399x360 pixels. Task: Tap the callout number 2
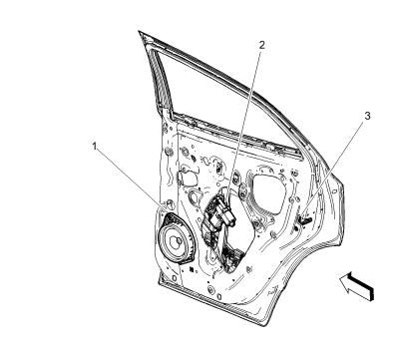262,46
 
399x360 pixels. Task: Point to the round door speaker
179,241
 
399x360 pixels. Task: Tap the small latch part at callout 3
306,213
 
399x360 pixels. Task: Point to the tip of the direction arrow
341,280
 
